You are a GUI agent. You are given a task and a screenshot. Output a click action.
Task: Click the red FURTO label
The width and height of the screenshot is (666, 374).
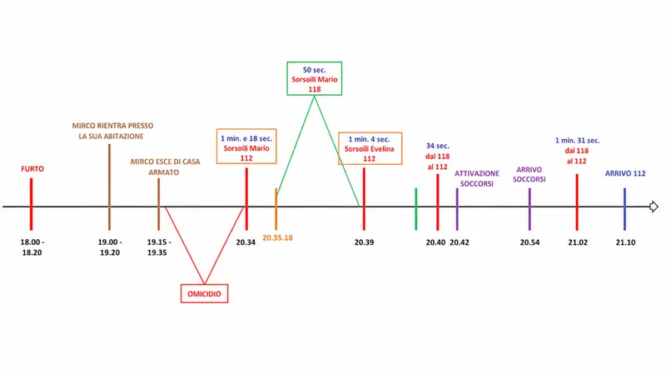click(32, 169)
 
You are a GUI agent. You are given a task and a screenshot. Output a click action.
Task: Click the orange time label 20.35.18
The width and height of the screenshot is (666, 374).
click(277, 238)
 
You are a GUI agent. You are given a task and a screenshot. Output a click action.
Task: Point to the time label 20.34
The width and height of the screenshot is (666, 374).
click(246, 242)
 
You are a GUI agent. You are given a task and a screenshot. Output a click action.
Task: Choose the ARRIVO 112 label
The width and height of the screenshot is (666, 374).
click(625, 173)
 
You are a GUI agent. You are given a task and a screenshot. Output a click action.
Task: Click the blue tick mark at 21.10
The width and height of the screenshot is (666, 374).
click(625, 209)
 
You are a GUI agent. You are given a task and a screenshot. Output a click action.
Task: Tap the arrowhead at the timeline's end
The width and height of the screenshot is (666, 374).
click(654, 207)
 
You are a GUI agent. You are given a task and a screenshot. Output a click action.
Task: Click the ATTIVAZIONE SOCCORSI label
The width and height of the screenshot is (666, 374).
click(477, 178)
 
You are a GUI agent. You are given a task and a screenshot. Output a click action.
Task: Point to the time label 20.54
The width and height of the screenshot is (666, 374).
click(529, 242)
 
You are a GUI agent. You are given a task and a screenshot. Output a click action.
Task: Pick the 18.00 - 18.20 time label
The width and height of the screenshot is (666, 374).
click(32, 247)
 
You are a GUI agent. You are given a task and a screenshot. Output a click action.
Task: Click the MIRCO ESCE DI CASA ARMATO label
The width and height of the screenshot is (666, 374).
click(165, 167)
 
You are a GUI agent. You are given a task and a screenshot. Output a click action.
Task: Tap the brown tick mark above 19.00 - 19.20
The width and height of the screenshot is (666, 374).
click(109, 187)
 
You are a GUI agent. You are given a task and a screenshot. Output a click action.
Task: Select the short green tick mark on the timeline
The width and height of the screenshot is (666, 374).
click(415, 209)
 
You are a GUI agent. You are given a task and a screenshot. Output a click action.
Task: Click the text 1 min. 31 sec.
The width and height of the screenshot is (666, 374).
click(577, 140)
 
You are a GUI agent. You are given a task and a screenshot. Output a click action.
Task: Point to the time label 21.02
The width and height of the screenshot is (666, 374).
click(578, 242)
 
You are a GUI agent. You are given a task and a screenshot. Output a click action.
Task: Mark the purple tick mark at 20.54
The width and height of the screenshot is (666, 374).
click(529, 209)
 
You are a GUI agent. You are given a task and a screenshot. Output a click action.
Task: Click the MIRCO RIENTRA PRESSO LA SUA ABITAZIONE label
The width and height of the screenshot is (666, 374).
click(112, 131)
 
